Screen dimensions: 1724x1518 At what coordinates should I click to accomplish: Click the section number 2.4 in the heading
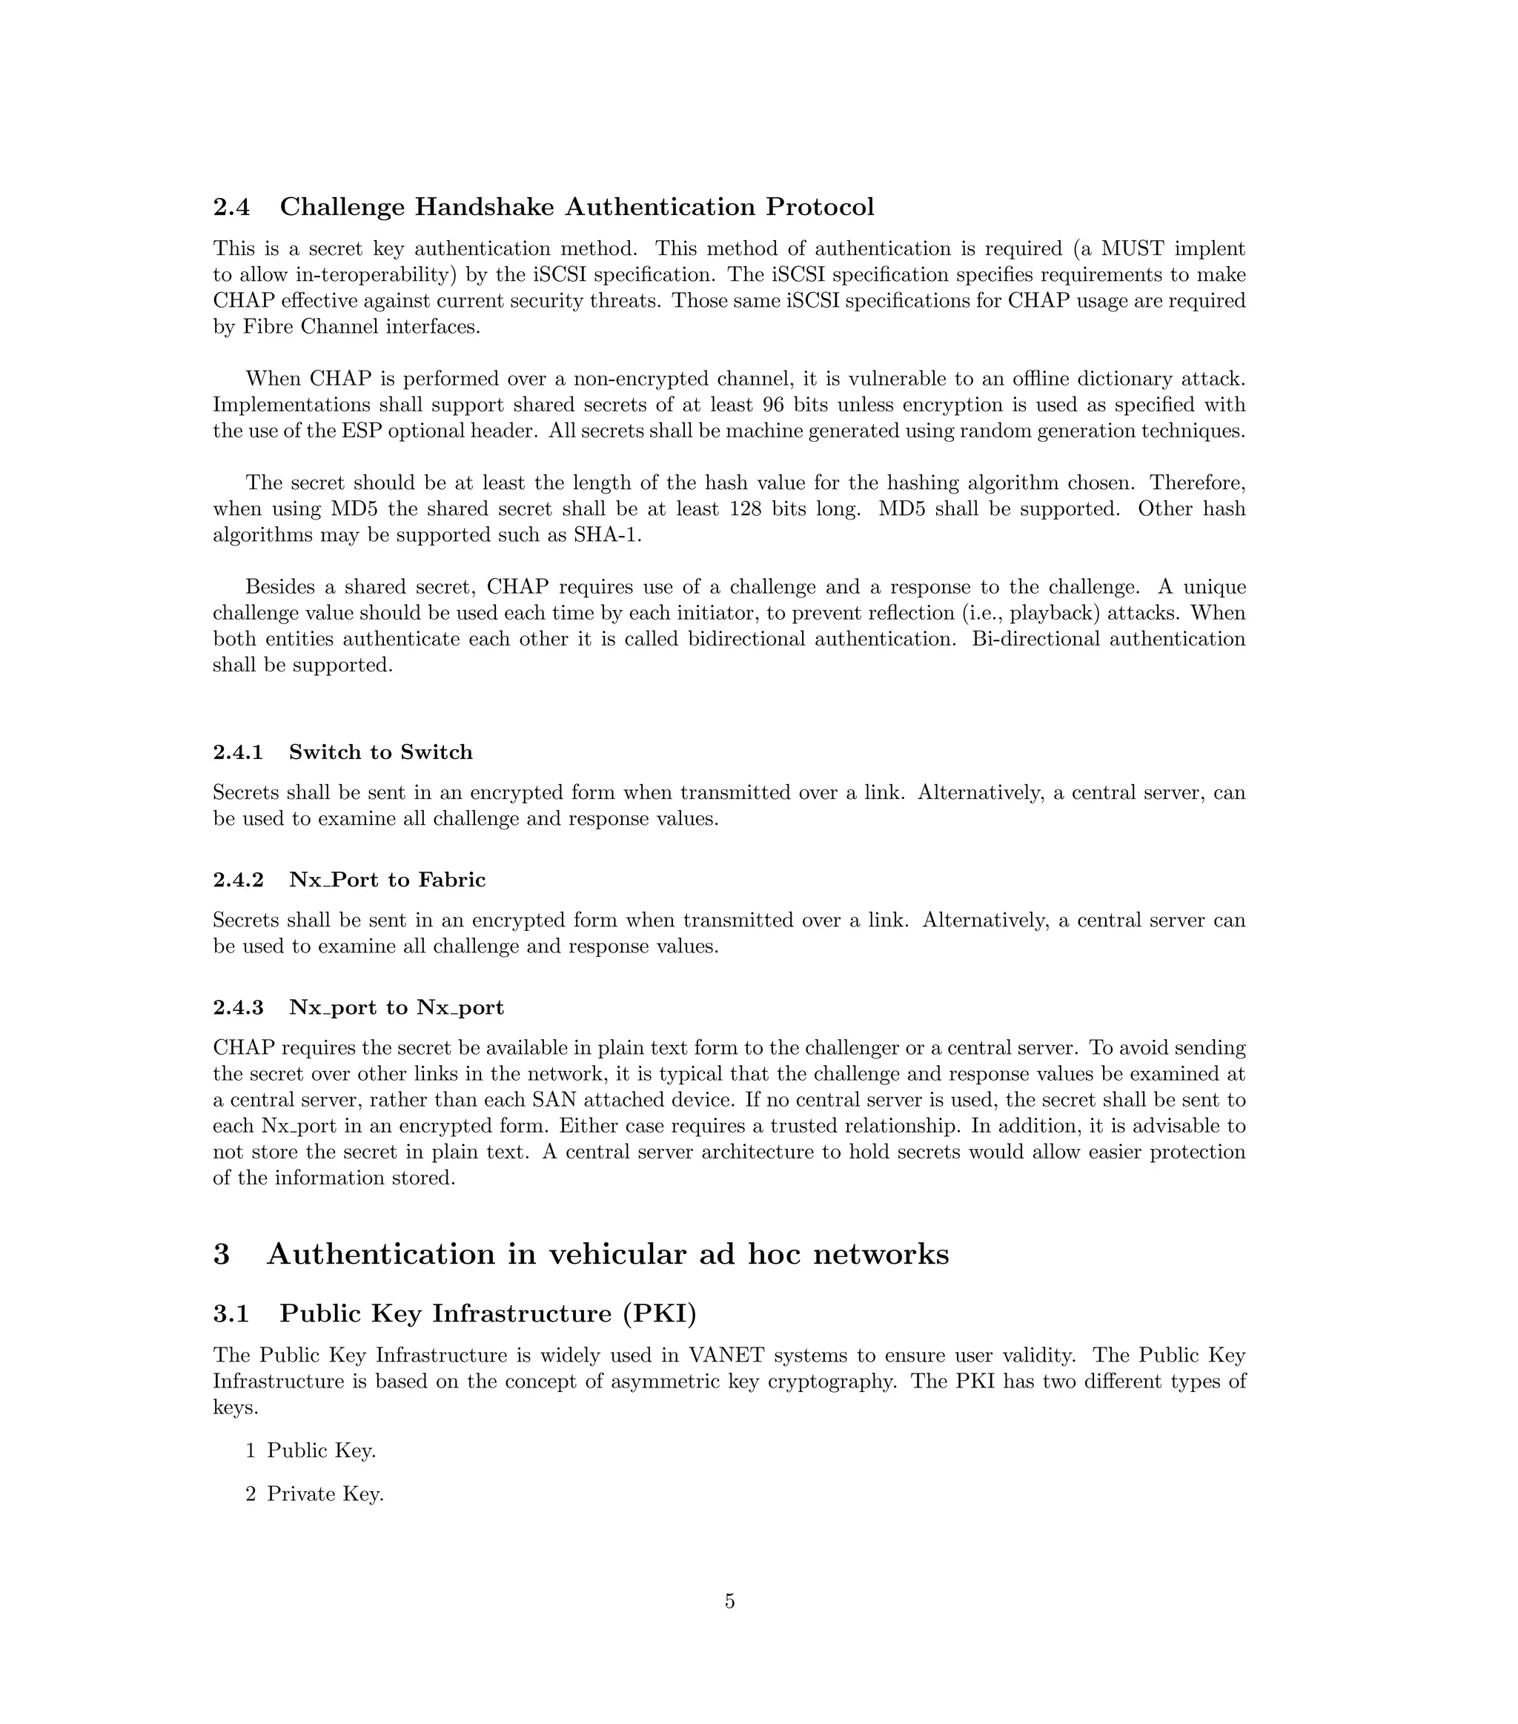pyautogui.click(x=231, y=207)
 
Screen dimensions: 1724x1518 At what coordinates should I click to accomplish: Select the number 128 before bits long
pyautogui.click(x=746, y=508)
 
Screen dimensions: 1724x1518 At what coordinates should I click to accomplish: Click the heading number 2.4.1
pyautogui.click(x=238, y=752)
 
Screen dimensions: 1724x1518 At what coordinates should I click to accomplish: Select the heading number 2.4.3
pyautogui.click(x=238, y=1007)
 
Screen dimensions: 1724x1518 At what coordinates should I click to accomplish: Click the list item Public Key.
pyautogui.click(x=320, y=1450)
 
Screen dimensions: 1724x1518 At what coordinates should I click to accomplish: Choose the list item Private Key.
pyautogui.click(x=325, y=1493)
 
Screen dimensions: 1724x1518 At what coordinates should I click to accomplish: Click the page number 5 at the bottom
pyautogui.click(x=729, y=1601)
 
